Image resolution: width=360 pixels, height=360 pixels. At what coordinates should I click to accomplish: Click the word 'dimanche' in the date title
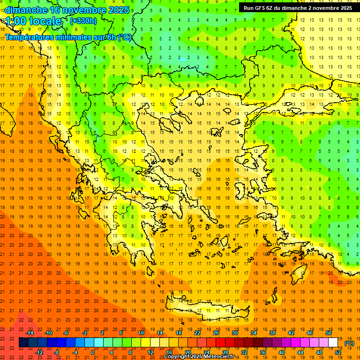click(26, 9)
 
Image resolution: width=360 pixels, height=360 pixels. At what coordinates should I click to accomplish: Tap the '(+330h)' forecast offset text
click(83, 21)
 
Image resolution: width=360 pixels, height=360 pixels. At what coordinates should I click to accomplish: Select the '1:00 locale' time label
click(34, 21)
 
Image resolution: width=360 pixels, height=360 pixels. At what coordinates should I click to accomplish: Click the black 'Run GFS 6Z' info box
click(297, 7)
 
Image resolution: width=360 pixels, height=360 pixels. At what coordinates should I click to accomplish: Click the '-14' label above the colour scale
click(30, 333)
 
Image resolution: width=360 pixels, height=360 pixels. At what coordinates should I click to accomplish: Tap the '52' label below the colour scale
click(338, 352)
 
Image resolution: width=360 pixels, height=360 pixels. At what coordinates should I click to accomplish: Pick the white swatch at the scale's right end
click(333, 343)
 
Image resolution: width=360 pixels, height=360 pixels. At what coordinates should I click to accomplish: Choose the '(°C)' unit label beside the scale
click(349, 343)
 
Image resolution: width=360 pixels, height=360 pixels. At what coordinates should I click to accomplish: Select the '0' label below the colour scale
click(93, 352)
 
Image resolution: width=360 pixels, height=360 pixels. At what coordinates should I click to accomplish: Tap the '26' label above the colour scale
click(216, 333)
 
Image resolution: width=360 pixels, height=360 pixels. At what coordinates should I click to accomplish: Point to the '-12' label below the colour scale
click(39, 352)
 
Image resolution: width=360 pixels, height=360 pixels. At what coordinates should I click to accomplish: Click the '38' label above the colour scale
click(272, 333)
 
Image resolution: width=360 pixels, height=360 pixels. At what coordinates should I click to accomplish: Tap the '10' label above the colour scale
click(141, 333)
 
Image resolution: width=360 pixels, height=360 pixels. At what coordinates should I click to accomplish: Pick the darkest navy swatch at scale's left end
click(23, 343)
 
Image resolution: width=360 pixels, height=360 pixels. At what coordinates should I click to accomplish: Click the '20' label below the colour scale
click(187, 352)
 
